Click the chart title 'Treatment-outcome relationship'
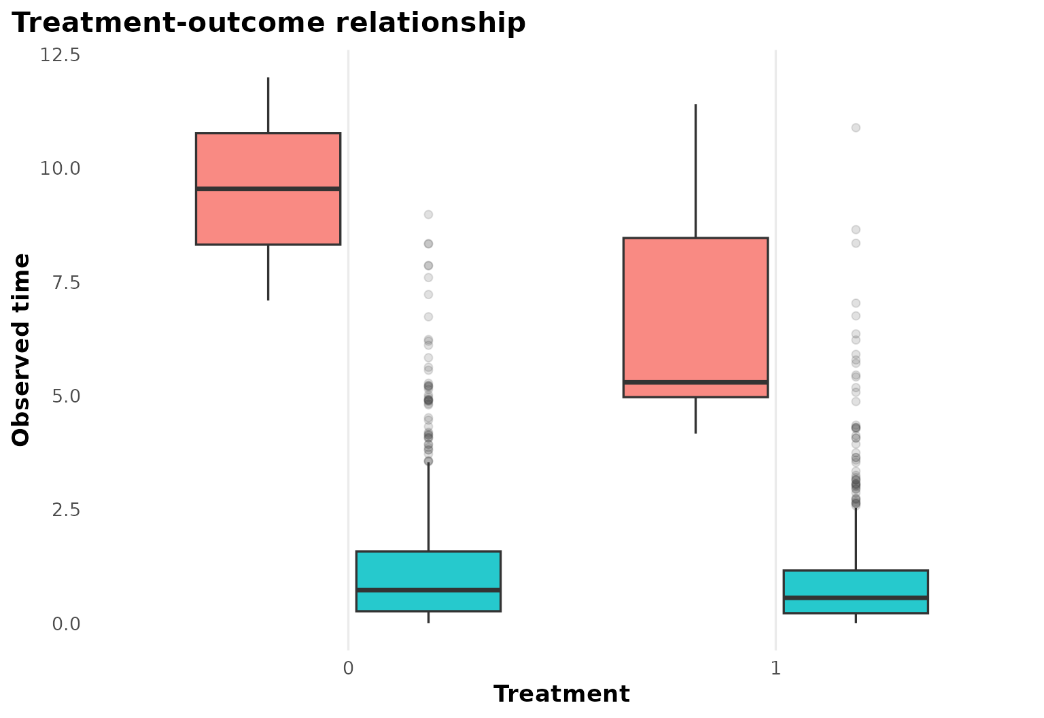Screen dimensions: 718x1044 (269, 23)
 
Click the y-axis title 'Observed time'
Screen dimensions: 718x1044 (22, 349)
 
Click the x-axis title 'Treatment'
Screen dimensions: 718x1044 (561, 694)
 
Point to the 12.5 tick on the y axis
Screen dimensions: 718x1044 (60, 55)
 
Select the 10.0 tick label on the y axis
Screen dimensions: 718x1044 (60, 169)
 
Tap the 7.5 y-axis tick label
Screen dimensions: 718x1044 (65, 282)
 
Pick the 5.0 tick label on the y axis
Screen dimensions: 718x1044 (65, 396)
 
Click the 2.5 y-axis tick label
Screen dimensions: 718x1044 (65, 509)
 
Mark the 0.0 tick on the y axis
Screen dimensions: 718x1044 (65, 623)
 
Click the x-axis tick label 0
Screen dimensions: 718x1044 (348, 668)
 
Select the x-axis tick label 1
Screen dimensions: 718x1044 (776, 668)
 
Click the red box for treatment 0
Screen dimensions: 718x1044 (268, 218)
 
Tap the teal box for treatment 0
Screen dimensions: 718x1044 (428, 571)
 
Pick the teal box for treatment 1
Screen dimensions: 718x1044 (856, 585)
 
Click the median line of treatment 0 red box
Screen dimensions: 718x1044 (268, 188)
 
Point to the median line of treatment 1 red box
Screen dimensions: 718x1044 (695, 382)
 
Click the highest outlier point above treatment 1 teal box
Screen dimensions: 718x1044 (856, 127)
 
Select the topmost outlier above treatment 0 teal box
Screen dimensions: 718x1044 (428, 214)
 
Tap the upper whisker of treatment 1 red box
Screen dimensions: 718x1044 (695, 170)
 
